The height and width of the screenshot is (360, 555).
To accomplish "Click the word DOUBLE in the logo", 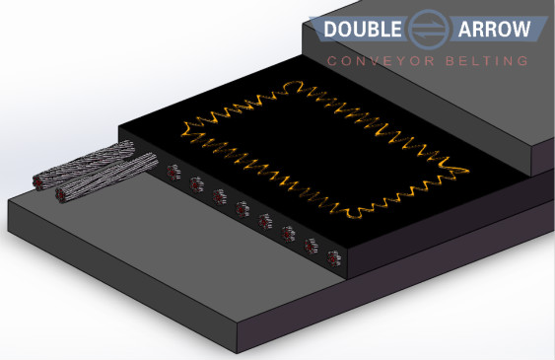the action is (363, 29).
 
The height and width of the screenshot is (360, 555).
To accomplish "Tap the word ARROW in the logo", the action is (494, 29).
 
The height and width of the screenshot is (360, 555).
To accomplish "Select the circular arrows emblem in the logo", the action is (430, 30).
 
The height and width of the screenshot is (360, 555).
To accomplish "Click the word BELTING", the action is (487, 61).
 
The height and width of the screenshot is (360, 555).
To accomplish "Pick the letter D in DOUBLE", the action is (330, 29).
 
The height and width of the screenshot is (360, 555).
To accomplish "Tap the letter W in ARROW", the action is (520, 29).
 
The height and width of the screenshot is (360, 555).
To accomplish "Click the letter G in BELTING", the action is (522, 61).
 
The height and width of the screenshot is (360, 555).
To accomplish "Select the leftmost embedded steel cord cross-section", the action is (173, 173).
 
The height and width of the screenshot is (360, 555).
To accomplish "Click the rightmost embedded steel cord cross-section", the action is (334, 258).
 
